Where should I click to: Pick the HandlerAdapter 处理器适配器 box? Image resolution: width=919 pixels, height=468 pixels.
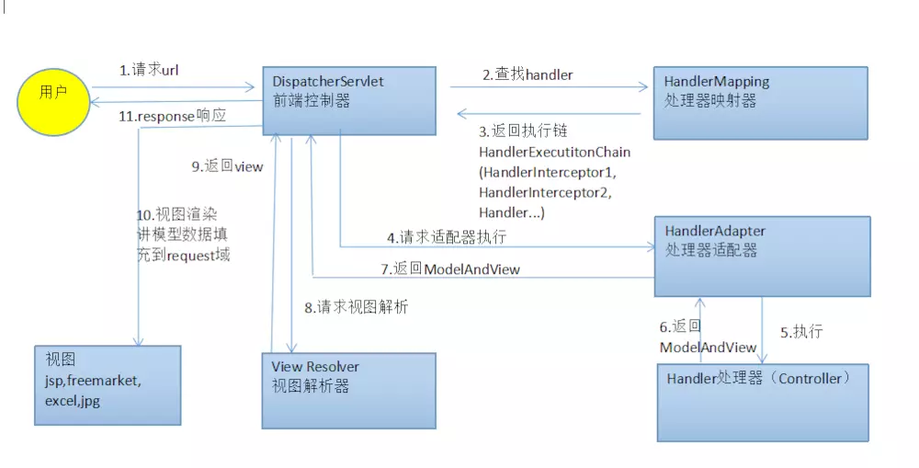[762, 256]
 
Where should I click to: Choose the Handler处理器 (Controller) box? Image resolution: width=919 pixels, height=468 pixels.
[762, 402]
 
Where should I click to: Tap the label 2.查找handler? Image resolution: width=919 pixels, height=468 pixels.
[528, 75]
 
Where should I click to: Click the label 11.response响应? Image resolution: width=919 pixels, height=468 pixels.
[173, 117]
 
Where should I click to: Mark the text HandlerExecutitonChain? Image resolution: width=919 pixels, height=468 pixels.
[554, 152]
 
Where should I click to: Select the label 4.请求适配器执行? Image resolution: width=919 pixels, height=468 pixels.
[447, 236]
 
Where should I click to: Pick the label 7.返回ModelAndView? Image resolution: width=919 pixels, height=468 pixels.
[450, 268]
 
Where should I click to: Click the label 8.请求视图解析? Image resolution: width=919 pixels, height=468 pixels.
[356, 307]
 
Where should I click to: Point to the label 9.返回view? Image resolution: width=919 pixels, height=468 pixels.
[227, 166]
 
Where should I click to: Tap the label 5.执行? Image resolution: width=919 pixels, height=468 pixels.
[801, 332]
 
